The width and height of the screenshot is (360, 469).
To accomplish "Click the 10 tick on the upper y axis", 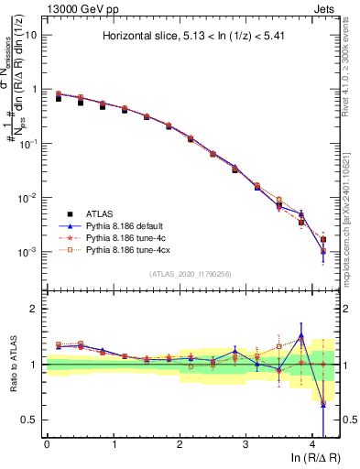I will point(30,35).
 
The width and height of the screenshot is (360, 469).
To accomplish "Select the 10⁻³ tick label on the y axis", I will point(28,252).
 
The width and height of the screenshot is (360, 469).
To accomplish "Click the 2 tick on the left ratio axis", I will point(33,310).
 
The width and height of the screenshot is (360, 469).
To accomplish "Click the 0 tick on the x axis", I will point(47,445).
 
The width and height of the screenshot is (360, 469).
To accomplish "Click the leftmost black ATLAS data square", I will point(59,97).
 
